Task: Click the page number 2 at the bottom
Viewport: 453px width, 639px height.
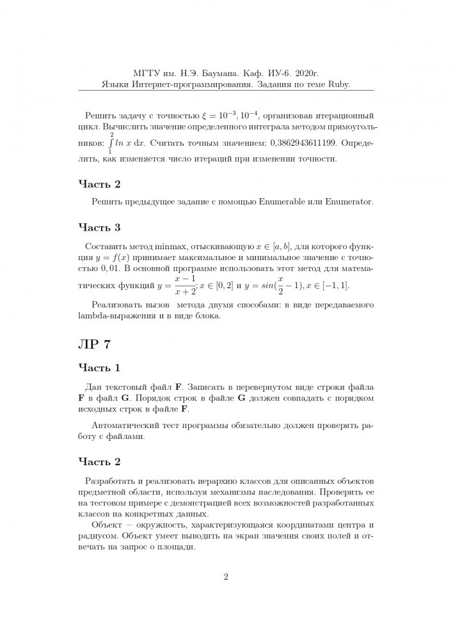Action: point(226,578)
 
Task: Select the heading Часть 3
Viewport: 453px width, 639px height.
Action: point(99,227)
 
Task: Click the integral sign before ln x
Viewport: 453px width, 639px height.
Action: point(111,145)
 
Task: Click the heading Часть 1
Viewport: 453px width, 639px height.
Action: point(99,368)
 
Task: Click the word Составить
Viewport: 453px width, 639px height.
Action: point(106,246)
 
